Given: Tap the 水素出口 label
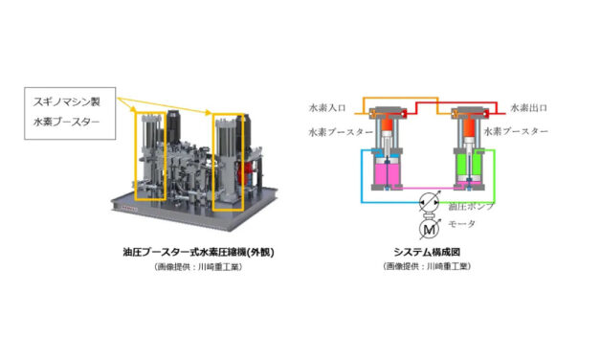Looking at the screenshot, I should click(x=529, y=106).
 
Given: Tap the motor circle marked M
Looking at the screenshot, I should click(x=427, y=228).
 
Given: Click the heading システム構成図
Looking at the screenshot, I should click(x=428, y=252).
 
